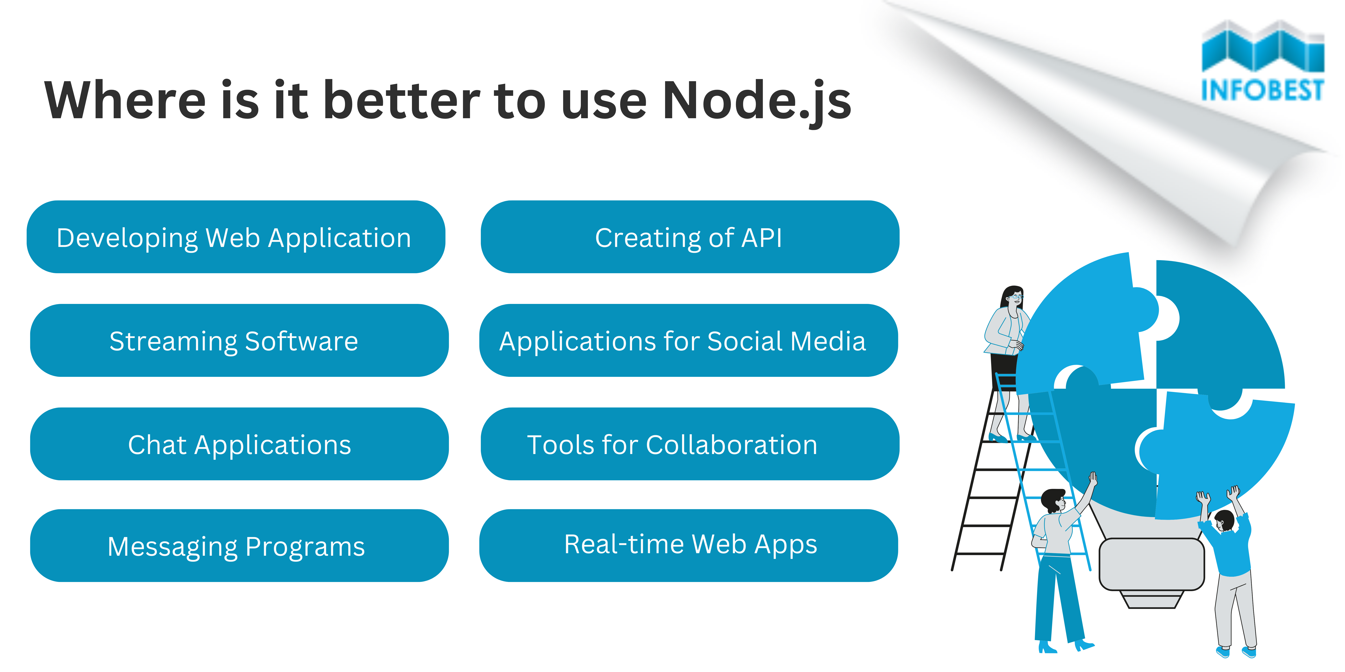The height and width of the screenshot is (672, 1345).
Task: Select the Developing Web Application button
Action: (x=235, y=237)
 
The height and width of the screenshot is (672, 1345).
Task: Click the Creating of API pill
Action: (x=689, y=237)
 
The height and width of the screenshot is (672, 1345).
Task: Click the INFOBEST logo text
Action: (x=1262, y=90)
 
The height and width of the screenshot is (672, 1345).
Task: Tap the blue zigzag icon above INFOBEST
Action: (x=1262, y=47)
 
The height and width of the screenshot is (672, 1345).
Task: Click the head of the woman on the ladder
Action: (x=1013, y=297)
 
